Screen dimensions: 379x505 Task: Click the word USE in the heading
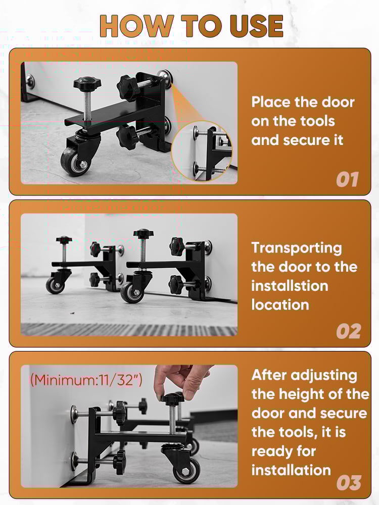pos(256,26)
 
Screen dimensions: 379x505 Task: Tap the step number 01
pos(347,179)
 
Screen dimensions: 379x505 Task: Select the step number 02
pos(348,331)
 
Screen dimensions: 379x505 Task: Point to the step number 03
pos(348,483)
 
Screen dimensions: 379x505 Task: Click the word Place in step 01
pos(271,102)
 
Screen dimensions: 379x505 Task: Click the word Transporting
pos(297,248)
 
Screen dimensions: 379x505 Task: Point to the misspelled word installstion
pos(290,286)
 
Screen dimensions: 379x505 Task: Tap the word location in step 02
pos(280,305)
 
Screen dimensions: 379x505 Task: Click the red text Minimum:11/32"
pos(86,380)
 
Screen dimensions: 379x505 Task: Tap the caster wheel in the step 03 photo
pos(186,471)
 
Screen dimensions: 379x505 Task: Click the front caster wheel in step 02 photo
pos(132,292)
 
